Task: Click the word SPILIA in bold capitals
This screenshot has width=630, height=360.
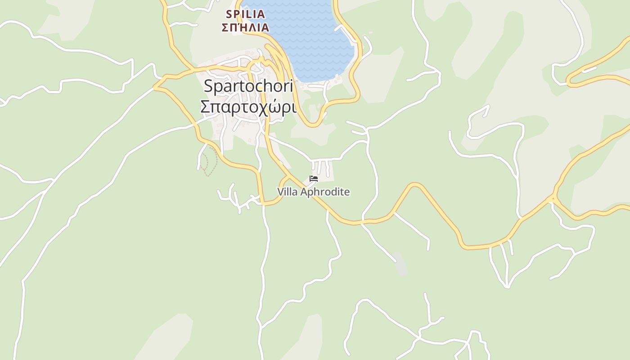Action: pos(245,14)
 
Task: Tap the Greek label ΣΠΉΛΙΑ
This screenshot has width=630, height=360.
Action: pos(245,27)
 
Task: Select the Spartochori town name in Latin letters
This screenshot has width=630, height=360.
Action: pos(248,85)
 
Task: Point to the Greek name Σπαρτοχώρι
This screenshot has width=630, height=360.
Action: pos(248,108)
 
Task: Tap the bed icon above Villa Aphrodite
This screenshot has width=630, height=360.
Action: pos(314,179)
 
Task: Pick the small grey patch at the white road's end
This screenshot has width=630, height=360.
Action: pos(401,265)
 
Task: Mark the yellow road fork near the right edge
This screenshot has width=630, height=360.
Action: pos(553,198)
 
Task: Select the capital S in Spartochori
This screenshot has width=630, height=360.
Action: pos(208,85)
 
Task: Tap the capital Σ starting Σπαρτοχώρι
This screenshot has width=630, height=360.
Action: pos(205,108)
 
